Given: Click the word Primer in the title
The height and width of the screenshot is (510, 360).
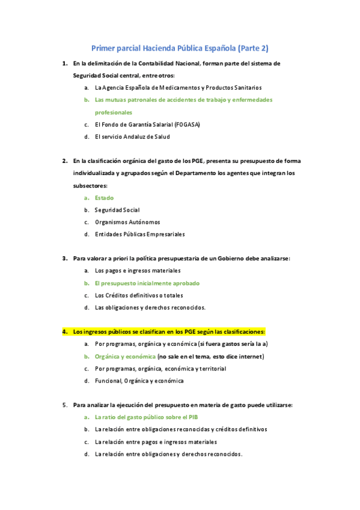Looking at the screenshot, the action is click(x=103, y=48).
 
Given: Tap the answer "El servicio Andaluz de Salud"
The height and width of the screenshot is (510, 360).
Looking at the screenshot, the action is click(x=132, y=137).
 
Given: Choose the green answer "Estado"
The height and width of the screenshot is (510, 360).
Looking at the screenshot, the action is click(x=104, y=197).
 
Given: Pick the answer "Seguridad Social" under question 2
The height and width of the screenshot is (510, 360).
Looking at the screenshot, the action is click(x=117, y=210).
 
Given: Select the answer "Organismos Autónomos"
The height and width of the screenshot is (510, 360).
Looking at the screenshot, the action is click(x=127, y=222).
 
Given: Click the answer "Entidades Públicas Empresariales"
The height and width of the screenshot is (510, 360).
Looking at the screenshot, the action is click(x=139, y=234).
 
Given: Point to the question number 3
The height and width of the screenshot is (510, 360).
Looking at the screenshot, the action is click(x=64, y=259).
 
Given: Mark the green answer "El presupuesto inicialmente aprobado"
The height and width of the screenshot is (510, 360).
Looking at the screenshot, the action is click(x=147, y=283).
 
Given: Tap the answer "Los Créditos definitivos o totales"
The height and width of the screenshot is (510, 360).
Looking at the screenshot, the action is click(x=140, y=295).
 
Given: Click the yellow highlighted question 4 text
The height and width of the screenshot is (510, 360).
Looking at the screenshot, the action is click(x=168, y=331).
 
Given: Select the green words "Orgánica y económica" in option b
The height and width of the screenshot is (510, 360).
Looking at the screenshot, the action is click(x=121, y=356).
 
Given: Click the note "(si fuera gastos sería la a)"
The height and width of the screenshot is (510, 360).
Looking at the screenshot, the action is click(x=233, y=344).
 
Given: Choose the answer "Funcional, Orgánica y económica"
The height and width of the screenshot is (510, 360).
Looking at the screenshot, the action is click(x=139, y=380).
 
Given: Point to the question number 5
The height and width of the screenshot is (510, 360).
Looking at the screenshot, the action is click(x=64, y=405).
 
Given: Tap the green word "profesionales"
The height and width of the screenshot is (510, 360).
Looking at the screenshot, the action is click(x=113, y=112).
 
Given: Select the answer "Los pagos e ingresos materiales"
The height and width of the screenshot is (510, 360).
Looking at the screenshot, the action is click(x=138, y=271).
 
